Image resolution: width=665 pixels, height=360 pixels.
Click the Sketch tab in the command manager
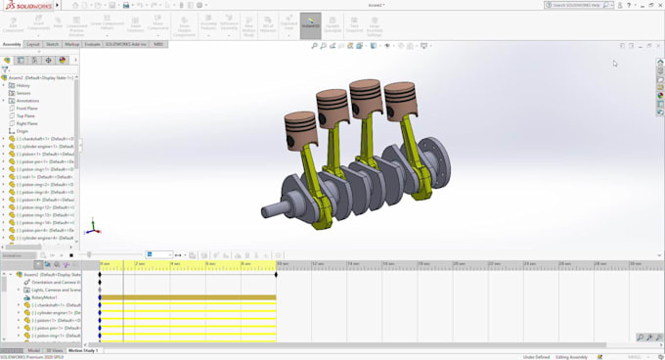(52, 44)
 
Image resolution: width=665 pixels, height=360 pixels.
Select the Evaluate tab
(93, 44)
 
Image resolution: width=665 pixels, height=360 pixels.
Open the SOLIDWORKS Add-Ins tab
(126, 44)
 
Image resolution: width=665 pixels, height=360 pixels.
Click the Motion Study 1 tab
(83, 350)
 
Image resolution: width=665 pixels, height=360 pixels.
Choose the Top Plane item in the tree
(26, 116)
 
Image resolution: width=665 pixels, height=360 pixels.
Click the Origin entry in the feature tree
(22, 131)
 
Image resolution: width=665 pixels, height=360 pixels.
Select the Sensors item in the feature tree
(23, 93)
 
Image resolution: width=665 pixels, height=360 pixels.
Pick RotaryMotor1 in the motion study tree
(44, 297)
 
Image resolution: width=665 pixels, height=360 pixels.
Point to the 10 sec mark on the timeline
(282, 264)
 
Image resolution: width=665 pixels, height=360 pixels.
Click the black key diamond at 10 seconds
(277, 274)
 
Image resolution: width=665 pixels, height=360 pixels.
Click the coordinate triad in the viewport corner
(91, 228)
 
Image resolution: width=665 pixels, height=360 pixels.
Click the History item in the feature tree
(23, 85)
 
